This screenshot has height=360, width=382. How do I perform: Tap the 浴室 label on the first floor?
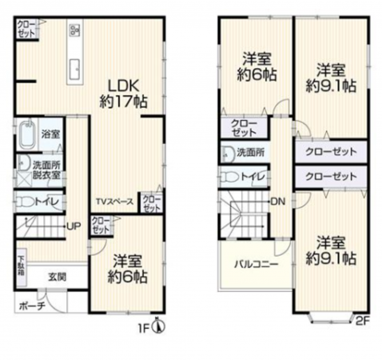[x=50, y=134]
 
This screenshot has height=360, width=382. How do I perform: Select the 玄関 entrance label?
[x=55, y=277]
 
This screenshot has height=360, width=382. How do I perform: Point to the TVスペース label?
[x=113, y=201]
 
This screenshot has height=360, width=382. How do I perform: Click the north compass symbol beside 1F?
[x=159, y=326]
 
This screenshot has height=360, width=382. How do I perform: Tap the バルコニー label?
[x=255, y=263]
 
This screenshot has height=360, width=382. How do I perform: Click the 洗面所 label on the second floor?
[x=251, y=151]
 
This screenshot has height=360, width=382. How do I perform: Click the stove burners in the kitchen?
[x=74, y=31]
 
